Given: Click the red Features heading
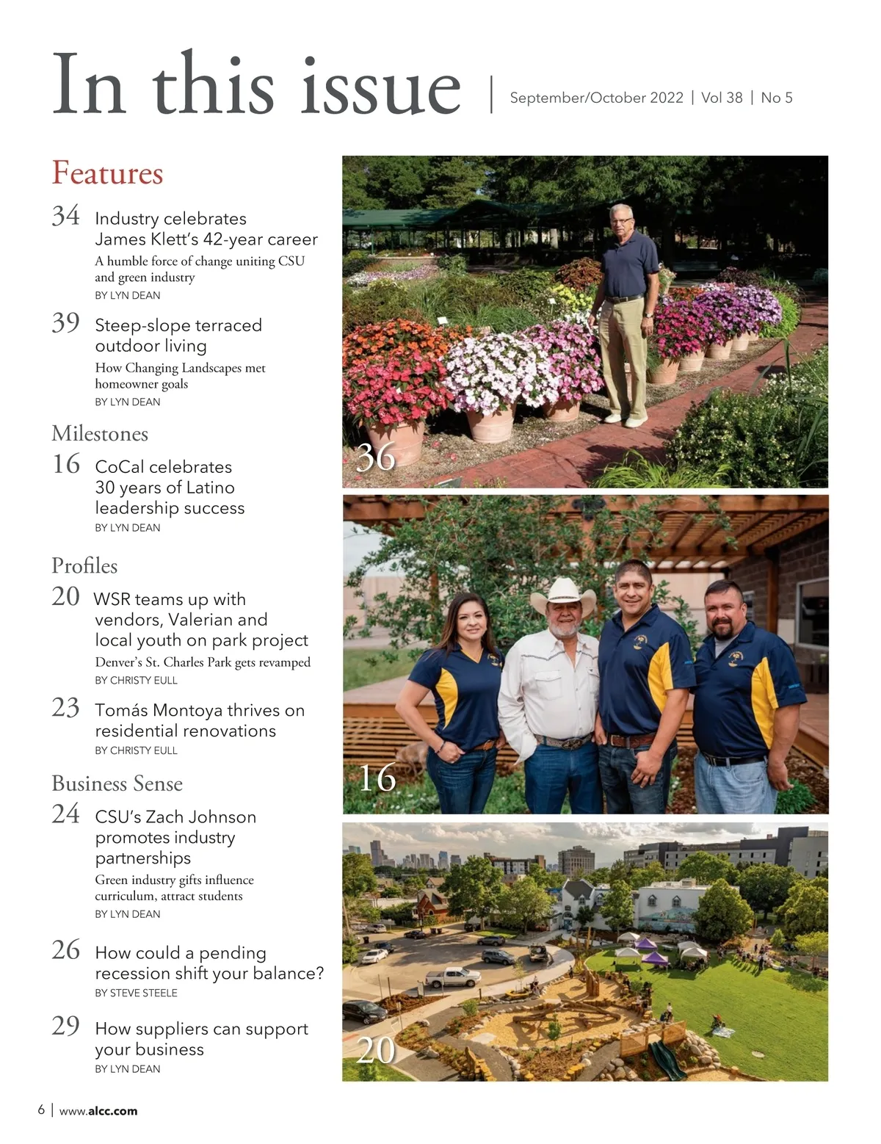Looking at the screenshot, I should pos(107,173).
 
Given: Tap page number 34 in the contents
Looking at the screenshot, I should pos(65,216).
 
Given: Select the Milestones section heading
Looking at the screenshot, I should pos(100,434).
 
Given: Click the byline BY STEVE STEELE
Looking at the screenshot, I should pos(136,993).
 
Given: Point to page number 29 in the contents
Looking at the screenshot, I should pos(65,1026).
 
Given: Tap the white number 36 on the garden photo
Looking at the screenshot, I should pos(376,457).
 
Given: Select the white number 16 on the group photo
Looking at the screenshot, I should pos(377,778).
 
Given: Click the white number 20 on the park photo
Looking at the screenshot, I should pos(376,1051).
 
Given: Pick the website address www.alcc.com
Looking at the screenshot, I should pos(98,1111).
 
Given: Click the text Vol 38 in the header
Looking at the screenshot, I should pos(722,98).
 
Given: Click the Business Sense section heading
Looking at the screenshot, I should pos(117,783).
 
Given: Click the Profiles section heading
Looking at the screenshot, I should pos(84,565).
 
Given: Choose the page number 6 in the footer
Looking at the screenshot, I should pos(41,1109).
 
